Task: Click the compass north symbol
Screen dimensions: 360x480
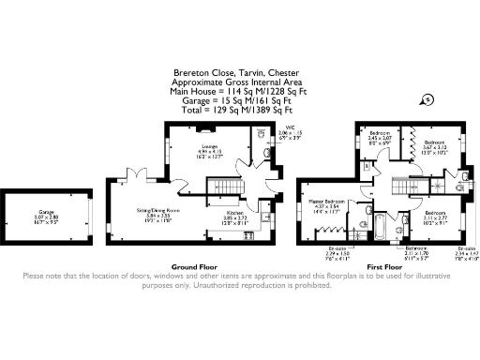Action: pyautogui.click(x=427, y=97)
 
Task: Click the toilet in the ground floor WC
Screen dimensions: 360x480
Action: pyautogui.click(x=267, y=151)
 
